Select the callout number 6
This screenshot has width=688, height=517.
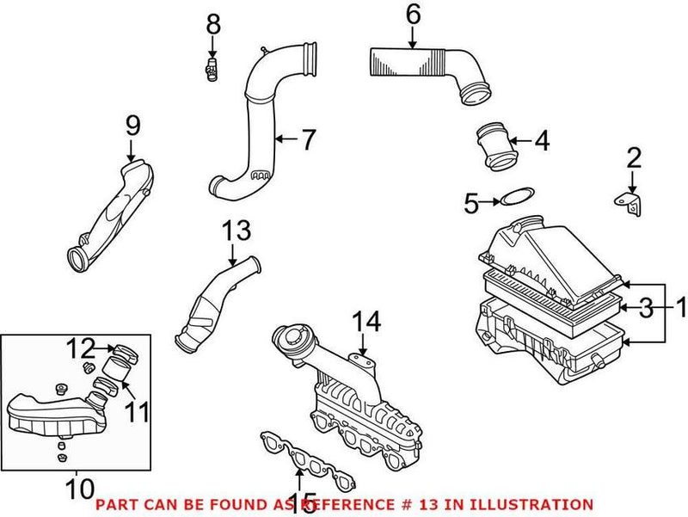click(413, 14)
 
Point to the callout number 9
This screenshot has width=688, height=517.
click(132, 126)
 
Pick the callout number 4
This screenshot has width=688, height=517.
click(541, 141)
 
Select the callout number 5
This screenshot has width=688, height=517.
click(470, 203)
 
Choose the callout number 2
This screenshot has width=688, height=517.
click(634, 157)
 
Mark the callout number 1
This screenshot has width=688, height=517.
click(679, 306)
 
